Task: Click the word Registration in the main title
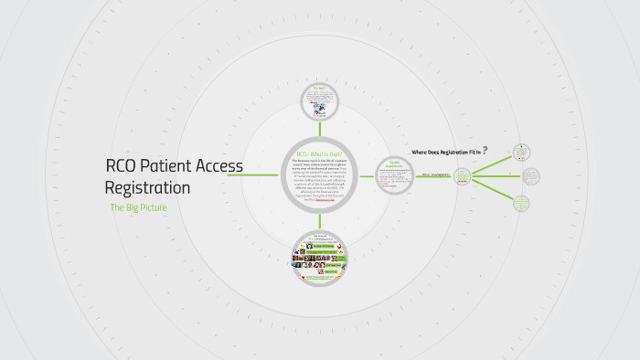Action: [147, 187]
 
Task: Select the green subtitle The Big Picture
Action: [138, 208]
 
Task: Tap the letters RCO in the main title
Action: [123, 166]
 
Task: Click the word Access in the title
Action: [219, 166]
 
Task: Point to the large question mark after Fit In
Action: [485, 150]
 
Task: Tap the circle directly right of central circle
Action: [394, 175]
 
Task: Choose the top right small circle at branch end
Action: [521, 152]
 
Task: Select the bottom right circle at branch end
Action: [521, 203]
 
